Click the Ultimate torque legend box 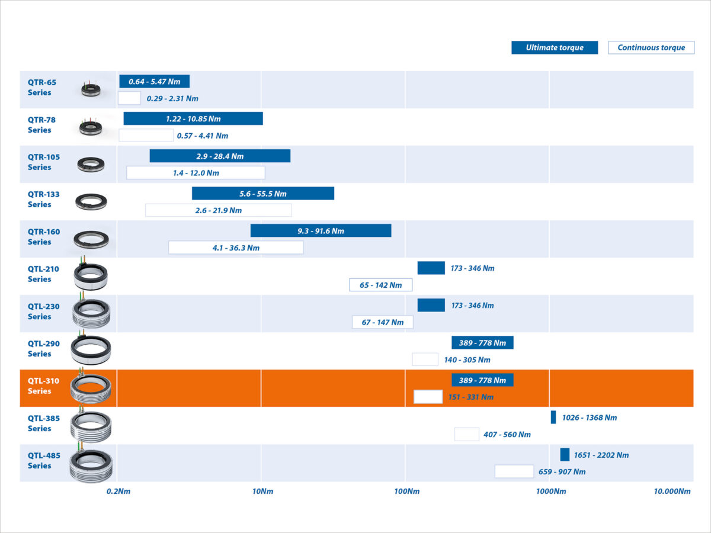pos(555,48)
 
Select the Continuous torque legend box pos(651,48)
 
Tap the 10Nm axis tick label pos(262,492)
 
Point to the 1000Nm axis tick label pos(551,492)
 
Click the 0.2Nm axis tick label pos(118,492)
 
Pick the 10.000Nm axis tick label pos(672,492)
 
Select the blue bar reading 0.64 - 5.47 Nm pos(154,82)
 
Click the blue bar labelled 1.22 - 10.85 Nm pos(193,119)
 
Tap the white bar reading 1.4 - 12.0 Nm pos(196,173)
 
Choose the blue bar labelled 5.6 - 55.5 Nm pos(262,194)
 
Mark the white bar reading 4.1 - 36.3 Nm pos(236,248)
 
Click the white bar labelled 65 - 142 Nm pos(380,285)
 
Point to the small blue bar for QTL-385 pos(553,417)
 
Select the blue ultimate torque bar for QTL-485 pos(565,455)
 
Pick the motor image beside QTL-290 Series pos(90,349)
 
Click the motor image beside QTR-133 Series pos(91,202)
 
